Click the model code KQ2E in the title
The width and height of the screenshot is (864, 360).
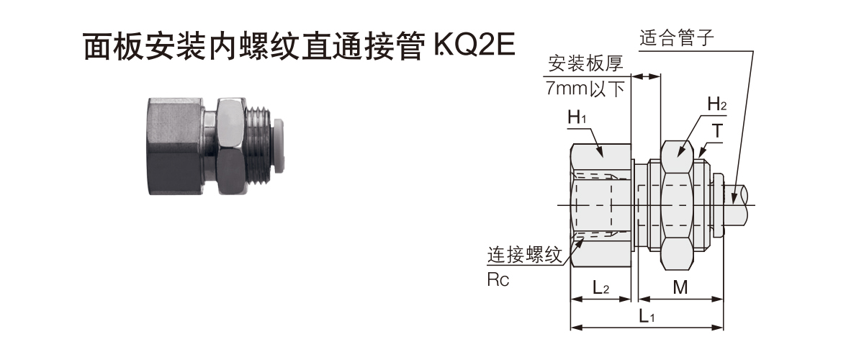click(474, 46)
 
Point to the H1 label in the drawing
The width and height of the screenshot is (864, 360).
click(577, 117)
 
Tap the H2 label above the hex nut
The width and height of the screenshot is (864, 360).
click(717, 104)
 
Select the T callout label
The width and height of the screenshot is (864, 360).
click(717, 131)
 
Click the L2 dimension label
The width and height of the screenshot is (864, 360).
click(600, 287)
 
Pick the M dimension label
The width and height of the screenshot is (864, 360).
click(680, 287)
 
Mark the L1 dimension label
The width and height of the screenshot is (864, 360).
click(647, 316)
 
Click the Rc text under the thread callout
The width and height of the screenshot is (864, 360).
click(498, 280)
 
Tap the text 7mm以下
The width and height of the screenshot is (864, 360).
click(585, 89)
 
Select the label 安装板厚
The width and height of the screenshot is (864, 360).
click(585, 63)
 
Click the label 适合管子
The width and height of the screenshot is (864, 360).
click(677, 38)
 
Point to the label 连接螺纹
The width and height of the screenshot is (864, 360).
click(525, 255)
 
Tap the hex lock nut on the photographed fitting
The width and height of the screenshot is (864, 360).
click(230, 146)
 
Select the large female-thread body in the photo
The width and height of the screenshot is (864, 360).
click(176, 146)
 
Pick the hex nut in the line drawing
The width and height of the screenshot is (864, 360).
click(677, 205)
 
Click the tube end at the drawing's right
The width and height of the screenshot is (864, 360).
click(737, 205)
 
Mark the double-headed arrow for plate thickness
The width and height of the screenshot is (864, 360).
click(646, 76)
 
